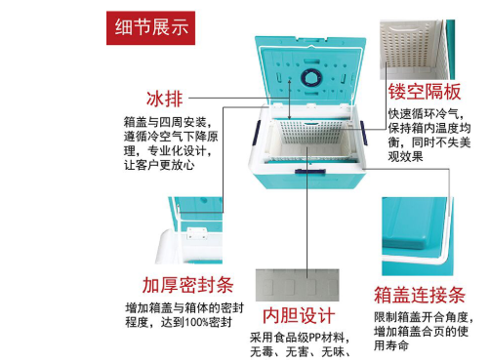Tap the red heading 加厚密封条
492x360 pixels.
[187, 286]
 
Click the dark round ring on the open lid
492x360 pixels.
[311, 79]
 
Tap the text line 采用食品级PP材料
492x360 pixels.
[300, 338]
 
